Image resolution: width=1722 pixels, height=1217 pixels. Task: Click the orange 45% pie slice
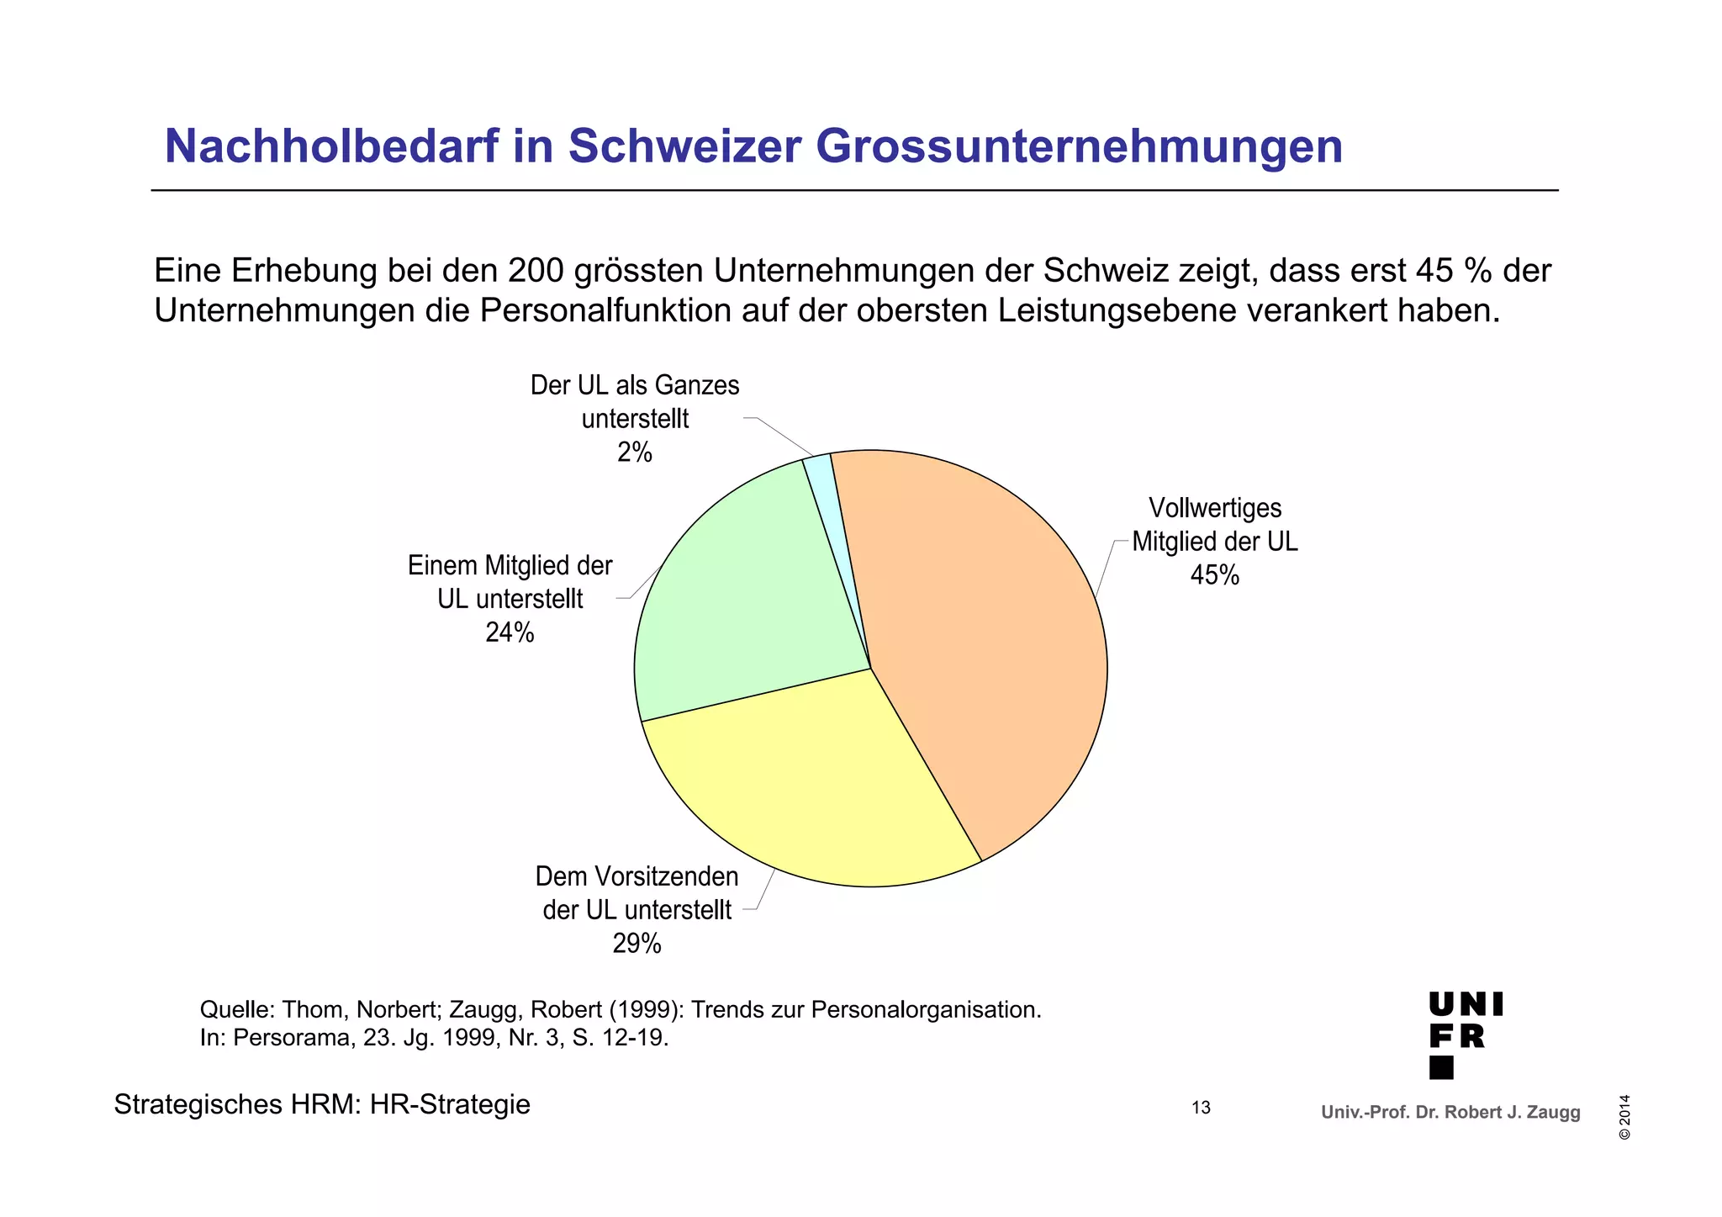click(984, 639)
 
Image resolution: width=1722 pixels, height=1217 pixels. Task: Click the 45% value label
click(1214, 575)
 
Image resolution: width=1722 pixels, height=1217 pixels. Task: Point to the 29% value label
click(637, 944)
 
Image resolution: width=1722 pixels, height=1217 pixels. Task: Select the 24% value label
click(510, 632)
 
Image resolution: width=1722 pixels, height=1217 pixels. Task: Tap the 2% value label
click(635, 452)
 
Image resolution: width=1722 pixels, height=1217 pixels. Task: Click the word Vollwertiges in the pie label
click(1214, 508)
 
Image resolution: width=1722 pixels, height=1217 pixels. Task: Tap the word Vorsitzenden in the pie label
click(667, 876)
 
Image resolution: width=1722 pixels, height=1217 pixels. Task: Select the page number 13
click(1201, 1108)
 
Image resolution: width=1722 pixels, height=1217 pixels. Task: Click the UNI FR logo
click(1465, 1034)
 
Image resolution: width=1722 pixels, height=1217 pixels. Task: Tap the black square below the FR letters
click(1441, 1067)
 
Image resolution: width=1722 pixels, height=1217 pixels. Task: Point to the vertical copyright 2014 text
click(1624, 1117)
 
